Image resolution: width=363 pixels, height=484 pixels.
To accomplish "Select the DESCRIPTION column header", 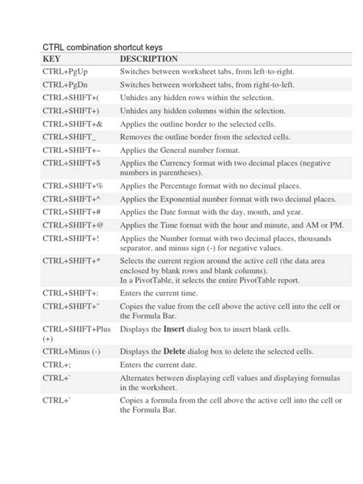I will (149, 59).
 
